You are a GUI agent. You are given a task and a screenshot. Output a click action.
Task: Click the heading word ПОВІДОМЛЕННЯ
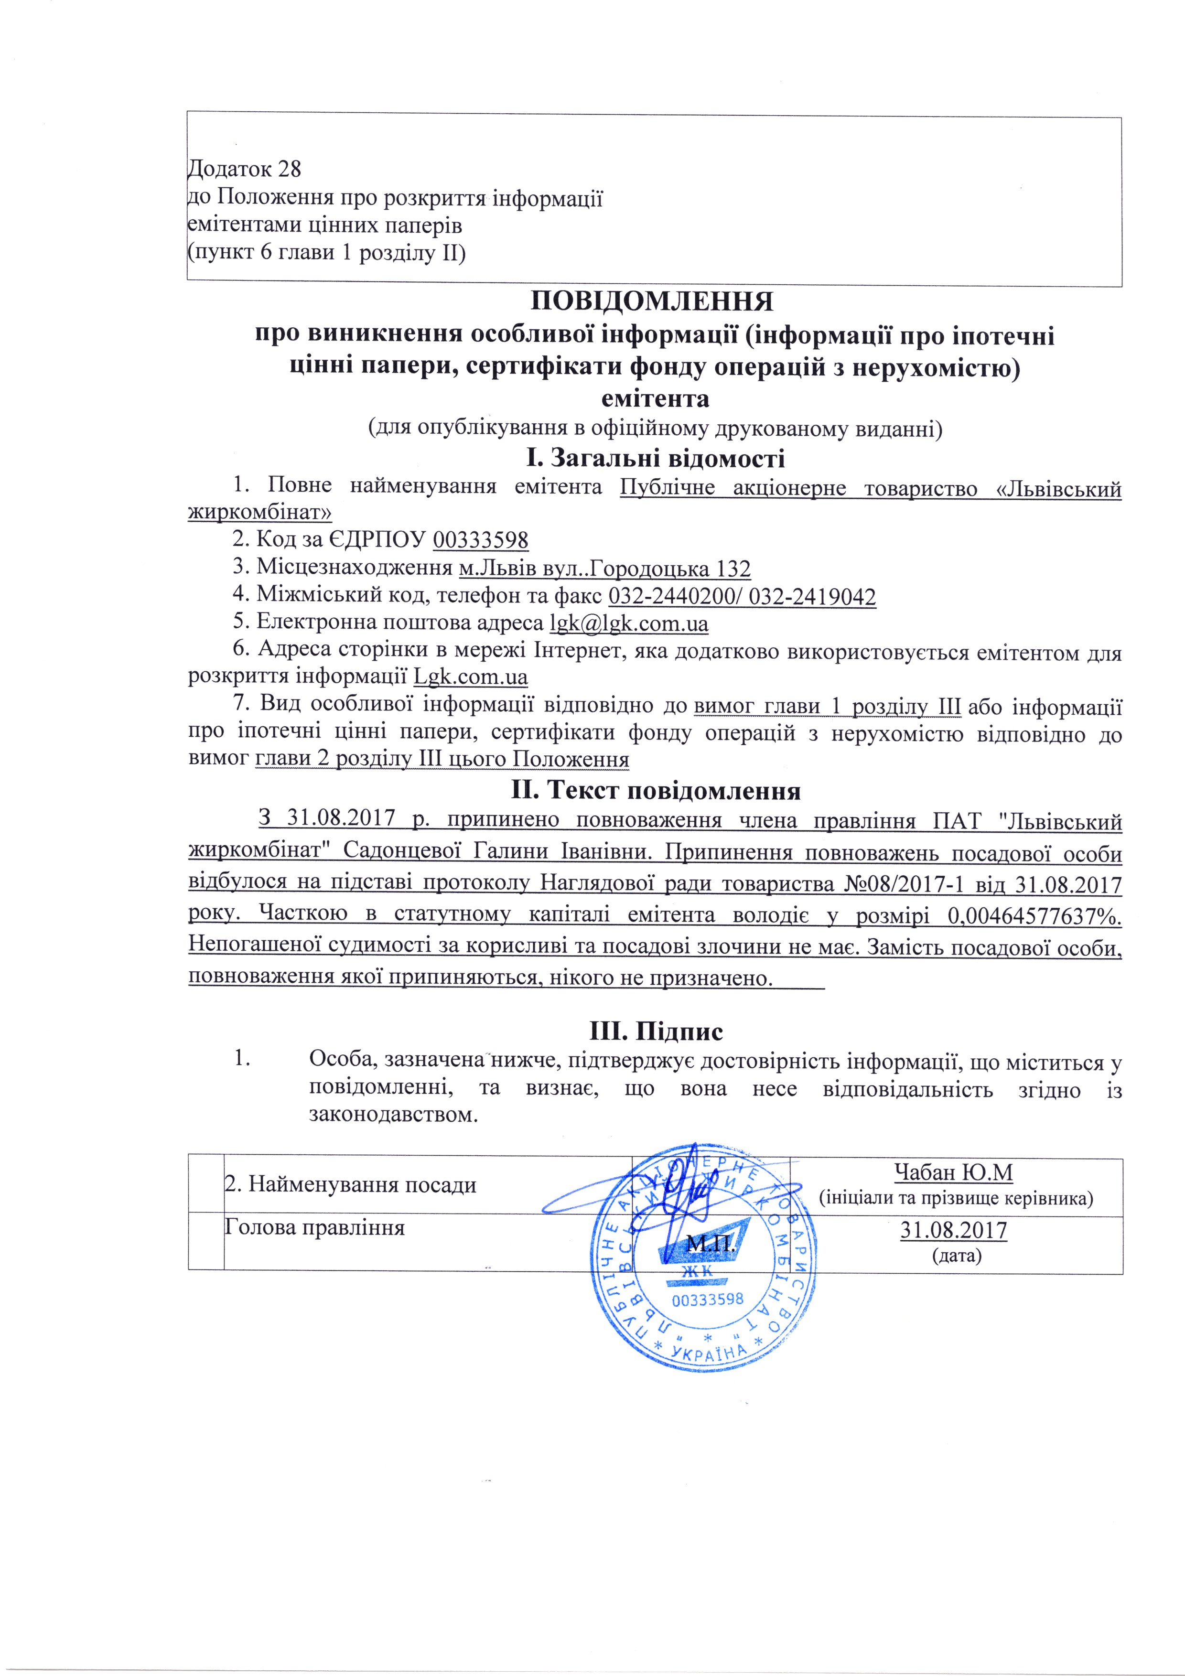coord(650,301)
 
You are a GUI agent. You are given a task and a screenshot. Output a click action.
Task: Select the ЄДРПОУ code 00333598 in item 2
coord(480,540)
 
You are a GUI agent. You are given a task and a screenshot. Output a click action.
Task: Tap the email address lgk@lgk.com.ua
coord(628,624)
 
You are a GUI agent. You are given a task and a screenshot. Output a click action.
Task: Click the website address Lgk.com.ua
coord(470,677)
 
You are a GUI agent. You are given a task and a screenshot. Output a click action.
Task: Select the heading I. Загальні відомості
coord(655,459)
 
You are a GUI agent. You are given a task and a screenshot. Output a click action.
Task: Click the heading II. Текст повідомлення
coord(655,791)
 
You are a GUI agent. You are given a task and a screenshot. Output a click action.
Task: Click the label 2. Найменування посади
coord(350,1184)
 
